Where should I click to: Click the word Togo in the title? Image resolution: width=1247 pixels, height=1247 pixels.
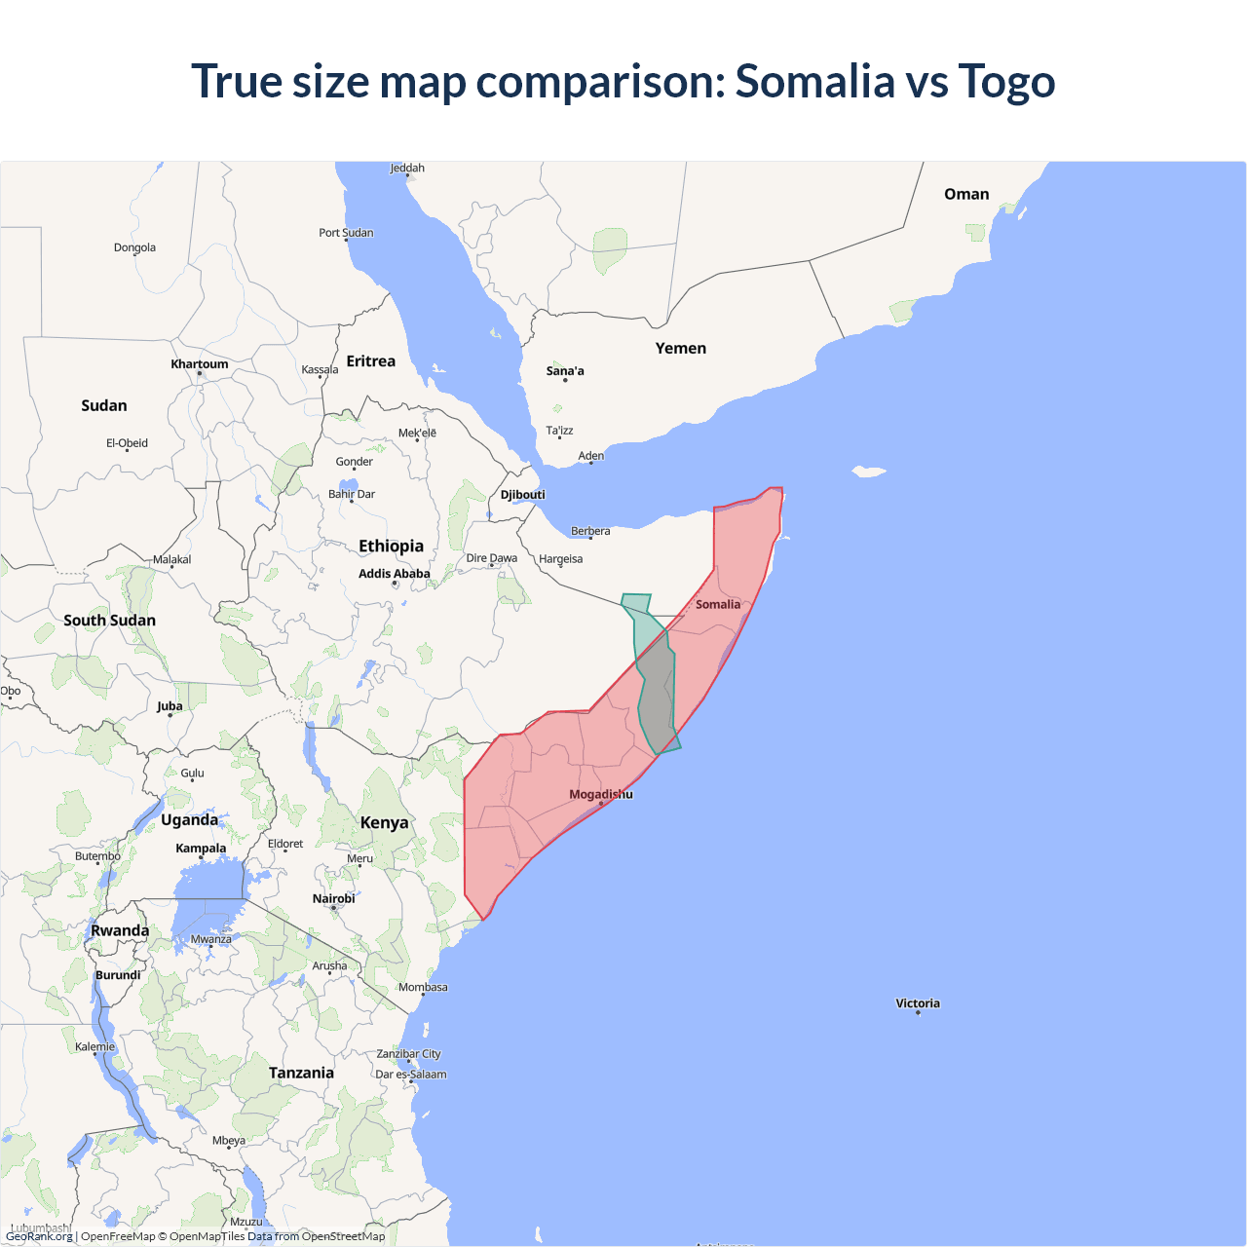[x=1006, y=81]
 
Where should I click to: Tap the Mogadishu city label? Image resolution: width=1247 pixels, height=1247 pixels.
[x=600, y=794]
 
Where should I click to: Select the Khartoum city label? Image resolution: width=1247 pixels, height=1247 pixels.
[x=199, y=364]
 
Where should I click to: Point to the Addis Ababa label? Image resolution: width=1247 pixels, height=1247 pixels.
[x=394, y=574]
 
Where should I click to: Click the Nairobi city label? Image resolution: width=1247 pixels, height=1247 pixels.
[x=333, y=898]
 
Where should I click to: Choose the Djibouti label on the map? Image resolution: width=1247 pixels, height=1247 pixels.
[x=522, y=495]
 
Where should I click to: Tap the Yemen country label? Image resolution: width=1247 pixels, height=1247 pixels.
[x=680, y=348]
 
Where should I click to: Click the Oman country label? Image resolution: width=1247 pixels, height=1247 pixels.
[x=965, y=194]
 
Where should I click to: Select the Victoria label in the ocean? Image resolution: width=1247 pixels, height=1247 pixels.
[x=918, y=1003]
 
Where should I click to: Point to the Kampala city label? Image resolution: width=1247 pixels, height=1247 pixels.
[x=201, y=849]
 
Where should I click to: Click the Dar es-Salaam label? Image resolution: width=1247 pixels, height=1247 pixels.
[x=411, y=1075]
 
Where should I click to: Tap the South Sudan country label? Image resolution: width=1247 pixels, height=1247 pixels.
[x=109, y=621]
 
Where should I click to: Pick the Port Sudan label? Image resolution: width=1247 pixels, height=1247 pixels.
[x=346, y=233]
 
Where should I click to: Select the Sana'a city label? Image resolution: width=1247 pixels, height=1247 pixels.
[x=565, y=371]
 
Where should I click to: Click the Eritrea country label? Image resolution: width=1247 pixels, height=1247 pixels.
[x=370, y=361]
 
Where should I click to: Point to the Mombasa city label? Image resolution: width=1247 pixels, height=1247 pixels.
[x=423, y=987]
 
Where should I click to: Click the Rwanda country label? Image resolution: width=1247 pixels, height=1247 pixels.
[x=120, y=930]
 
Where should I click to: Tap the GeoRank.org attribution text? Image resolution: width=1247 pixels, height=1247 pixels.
[x=39, y=1236]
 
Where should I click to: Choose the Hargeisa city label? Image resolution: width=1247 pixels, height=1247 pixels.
[x=560, y=559]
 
